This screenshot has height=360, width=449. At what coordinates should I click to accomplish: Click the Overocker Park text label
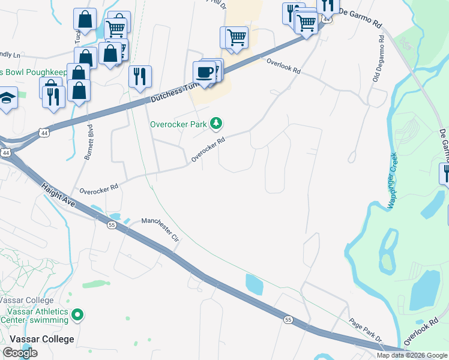pyautogui.click(x=178, y=124)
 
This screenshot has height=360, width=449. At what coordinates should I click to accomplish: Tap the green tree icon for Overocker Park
pyautogui.click(x=216, y=124)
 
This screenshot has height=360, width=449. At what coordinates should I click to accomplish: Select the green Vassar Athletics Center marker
pyautogui.click(x=77, y=314)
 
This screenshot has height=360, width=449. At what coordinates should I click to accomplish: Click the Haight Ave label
pyautogui.click(x=58, y=196)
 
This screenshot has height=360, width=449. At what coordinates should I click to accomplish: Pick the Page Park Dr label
pyautogui.click(x=366, y=331)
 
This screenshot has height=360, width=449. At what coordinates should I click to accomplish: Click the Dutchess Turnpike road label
pyautogui.click(x=174, y=92)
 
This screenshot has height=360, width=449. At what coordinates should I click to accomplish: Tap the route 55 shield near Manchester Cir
pyautogui.click(x=112, y=225)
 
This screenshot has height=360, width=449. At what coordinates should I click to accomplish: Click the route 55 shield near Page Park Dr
pyautogui.click(x=289, y=320)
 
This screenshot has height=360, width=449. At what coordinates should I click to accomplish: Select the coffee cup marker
pyautogui.click(x=204, y=72)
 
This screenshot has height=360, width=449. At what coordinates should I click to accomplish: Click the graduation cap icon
pyautogui.click(x=7, y=97)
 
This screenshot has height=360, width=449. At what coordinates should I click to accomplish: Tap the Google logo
pyautogui.click(x=20, y=353)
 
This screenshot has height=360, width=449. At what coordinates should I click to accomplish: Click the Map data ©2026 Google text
pyautogui.click(x=411, y=355)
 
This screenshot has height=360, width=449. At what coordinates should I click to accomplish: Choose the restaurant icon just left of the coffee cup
pyautogui.click(x=139, y=76)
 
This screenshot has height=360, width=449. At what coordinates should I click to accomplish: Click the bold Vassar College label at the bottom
pyautogui.click(x=37, y=339)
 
